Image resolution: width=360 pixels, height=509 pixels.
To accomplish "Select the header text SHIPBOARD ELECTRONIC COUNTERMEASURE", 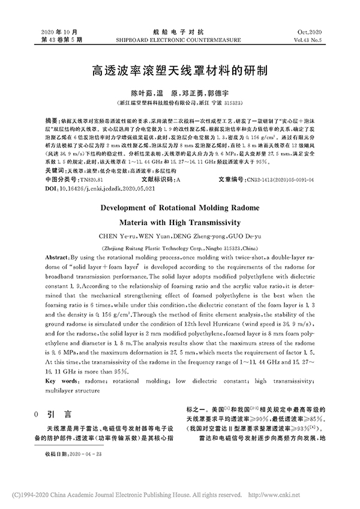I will click(179, 39).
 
